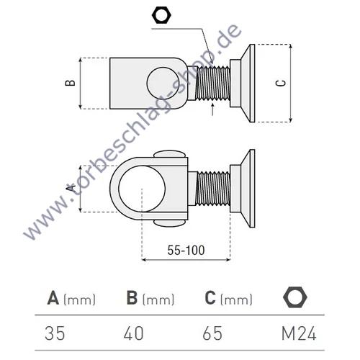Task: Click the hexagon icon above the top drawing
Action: pos(161,14)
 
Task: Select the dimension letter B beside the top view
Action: pos(71,83)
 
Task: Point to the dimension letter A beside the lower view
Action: pos(71,186)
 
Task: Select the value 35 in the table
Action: pos(55,333)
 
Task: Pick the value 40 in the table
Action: pos(134,333)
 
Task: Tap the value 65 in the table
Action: pos(213,333)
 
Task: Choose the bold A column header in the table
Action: pos(53,298)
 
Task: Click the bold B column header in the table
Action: pos(132,298)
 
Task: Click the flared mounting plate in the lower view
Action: pos(243,188)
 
